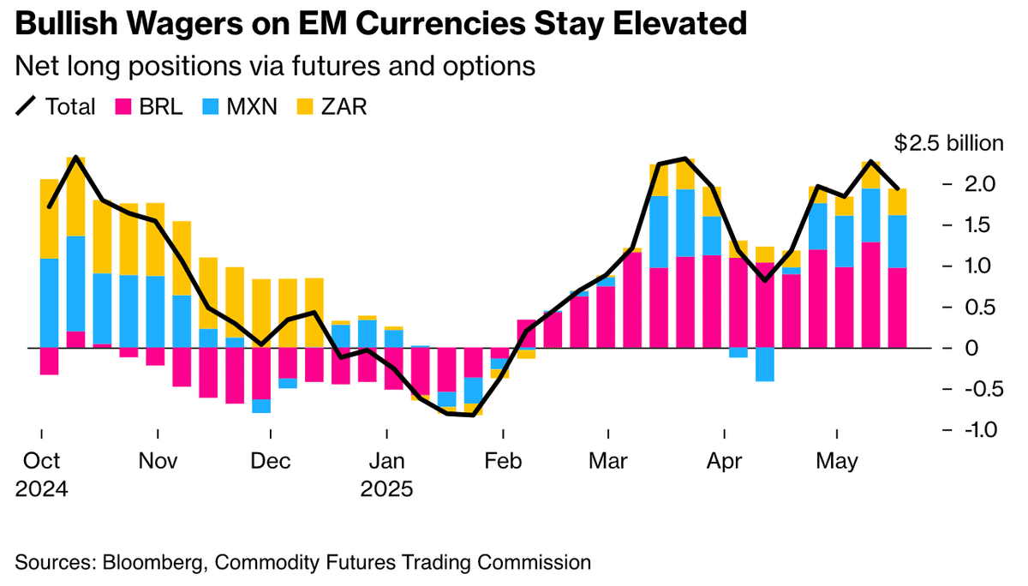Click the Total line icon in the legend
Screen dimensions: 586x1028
pyautogui.click(x=27, y=106)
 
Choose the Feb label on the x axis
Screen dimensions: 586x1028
pyautogui.click(x=504, y=462)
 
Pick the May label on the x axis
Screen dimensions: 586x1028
pyautogui.click(x=837, y=462)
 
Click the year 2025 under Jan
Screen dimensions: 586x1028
pyautogui.click(x=386, y=490)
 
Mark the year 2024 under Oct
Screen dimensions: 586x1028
pyautogui.click(x=41, y=490)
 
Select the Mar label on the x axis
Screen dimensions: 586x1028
pyautogui.click(x=607, y=462)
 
